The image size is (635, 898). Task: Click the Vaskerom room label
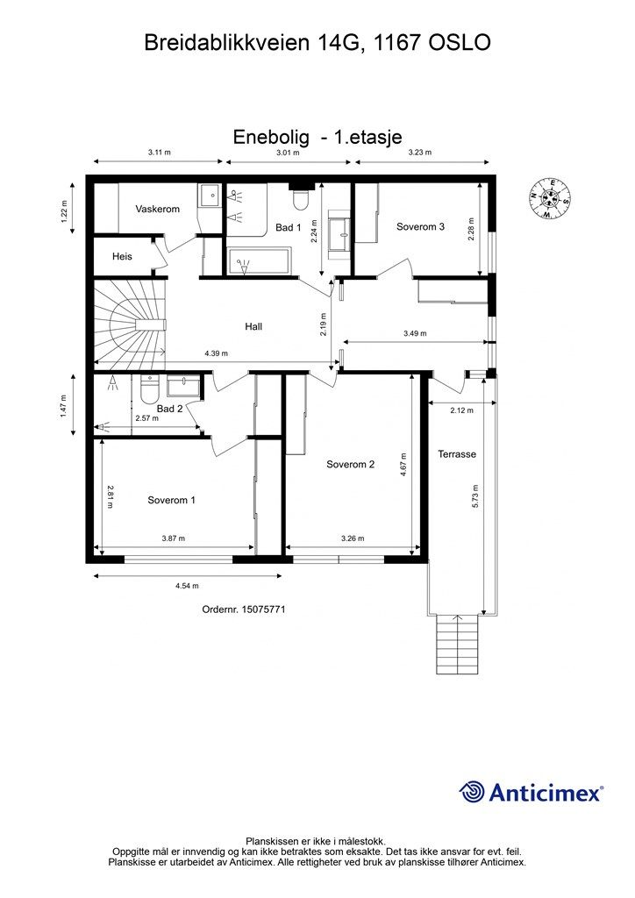coord(158,209)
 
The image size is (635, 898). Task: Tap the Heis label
coord(122,257)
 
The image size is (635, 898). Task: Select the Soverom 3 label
coord(420,227)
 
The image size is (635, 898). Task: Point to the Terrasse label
coord(457,454)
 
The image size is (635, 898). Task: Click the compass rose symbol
coord(548,198)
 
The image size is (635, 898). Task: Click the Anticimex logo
coord(531,793)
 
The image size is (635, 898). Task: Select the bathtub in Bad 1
coord(260,261)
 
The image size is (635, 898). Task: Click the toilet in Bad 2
coord(149,389)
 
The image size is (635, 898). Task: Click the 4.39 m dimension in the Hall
coord(216,353)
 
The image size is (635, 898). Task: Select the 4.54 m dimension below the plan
coord(187,586)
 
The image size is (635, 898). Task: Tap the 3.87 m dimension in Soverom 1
coord(174,538)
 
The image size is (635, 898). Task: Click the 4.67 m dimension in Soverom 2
coord(403,465)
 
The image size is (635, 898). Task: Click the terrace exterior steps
coord(457,644)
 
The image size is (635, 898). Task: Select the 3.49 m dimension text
coord(415,333)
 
